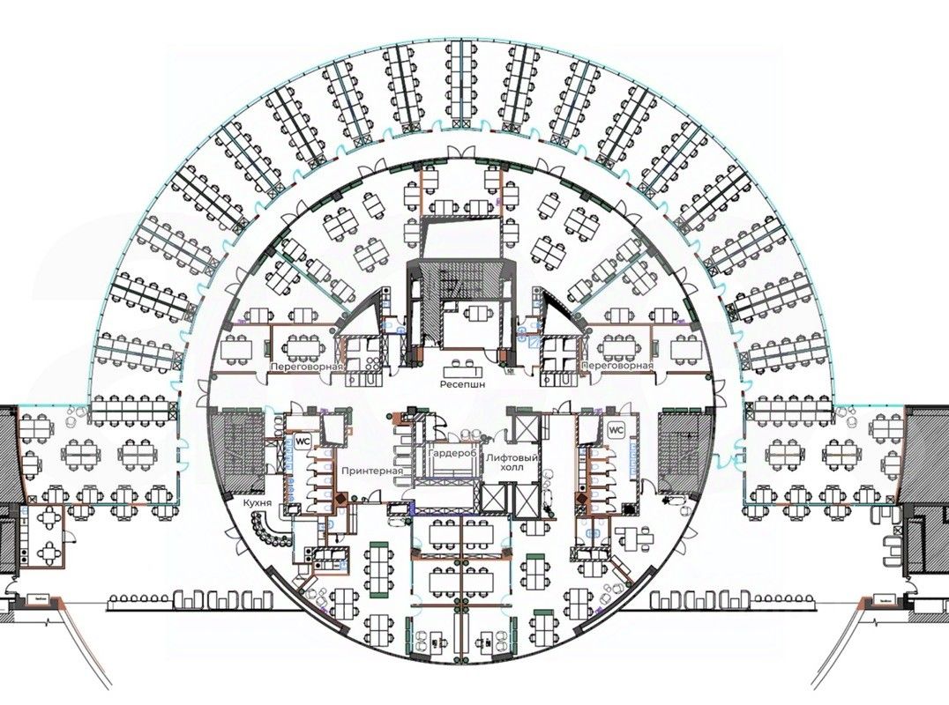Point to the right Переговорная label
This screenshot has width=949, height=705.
click(x=617, y=366)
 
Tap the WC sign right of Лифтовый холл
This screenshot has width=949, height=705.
click(x=616, y=431)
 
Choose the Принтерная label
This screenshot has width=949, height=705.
click(x=374, y=471)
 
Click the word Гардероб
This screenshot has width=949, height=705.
click(x=452, y=452)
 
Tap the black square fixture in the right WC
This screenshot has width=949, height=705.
click(x=627, y=508)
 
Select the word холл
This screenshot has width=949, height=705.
click(x=512, y=469)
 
